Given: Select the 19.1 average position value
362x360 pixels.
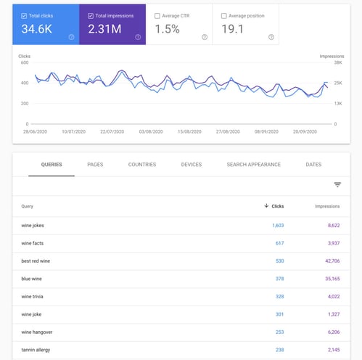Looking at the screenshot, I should (234, 29).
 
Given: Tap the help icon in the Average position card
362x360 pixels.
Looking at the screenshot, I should (271, 37).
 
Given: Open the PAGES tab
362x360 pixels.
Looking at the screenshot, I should (95, 165).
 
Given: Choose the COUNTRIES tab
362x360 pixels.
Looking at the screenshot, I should (142, 165).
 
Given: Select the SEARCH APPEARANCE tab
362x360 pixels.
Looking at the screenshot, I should (253, 165).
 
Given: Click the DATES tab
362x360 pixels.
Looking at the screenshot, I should (313, 165).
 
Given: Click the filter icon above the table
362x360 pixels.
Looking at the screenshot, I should (337, 185).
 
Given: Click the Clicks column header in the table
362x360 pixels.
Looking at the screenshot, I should (275, 206).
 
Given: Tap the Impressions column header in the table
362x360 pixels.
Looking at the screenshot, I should (327, 206).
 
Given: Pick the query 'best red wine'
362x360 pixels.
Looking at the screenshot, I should (36, 260).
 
